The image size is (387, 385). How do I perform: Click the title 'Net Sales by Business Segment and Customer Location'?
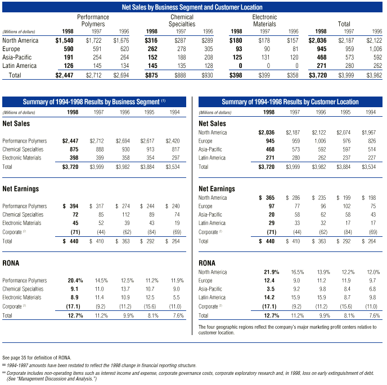click(192, 7)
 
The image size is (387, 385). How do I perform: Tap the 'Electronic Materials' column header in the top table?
click(264, 21)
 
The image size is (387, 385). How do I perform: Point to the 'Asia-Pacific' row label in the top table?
click(17, 58)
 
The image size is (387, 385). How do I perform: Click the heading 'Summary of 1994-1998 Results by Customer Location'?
click(290, 102)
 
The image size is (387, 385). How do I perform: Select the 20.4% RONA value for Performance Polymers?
click(75, 280)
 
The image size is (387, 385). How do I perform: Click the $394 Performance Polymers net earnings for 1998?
click(73, 207)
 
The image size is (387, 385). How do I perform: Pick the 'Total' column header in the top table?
click(344, 25)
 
